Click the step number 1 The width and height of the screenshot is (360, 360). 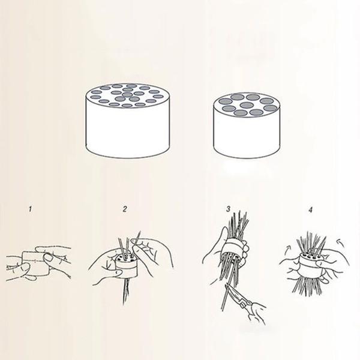[x=30, y=209]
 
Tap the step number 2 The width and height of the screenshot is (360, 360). [x=125, y=209]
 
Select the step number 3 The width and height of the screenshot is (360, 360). [x=228, y=209]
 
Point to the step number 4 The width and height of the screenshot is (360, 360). [x=311, y=209]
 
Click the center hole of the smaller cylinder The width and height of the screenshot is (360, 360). [x=247, y=105]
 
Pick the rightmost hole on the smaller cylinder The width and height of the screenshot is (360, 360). [x=271, y=108]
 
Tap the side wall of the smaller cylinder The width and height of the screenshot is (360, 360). [x=247, y=136]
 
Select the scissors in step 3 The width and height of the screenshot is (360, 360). [x=239, y=298]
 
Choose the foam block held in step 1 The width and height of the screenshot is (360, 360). [x=35, y=263]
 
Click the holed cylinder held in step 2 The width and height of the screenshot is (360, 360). [x=125, y=266]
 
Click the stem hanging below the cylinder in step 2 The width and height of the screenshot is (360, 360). [x=125, y=291]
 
